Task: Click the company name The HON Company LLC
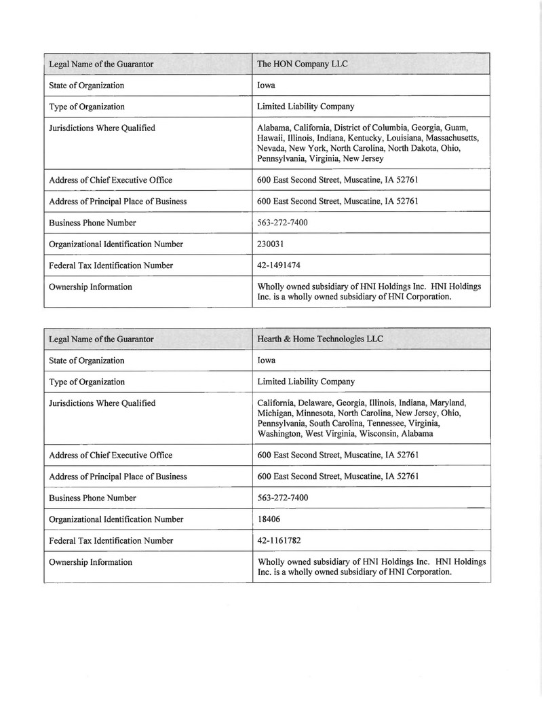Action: [x=303, y=64]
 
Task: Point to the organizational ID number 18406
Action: [x=269, y=519]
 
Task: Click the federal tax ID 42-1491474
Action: [x=279, y=265]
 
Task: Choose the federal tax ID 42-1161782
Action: [x=279, y=541]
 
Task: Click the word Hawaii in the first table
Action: [x=271, y=138]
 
